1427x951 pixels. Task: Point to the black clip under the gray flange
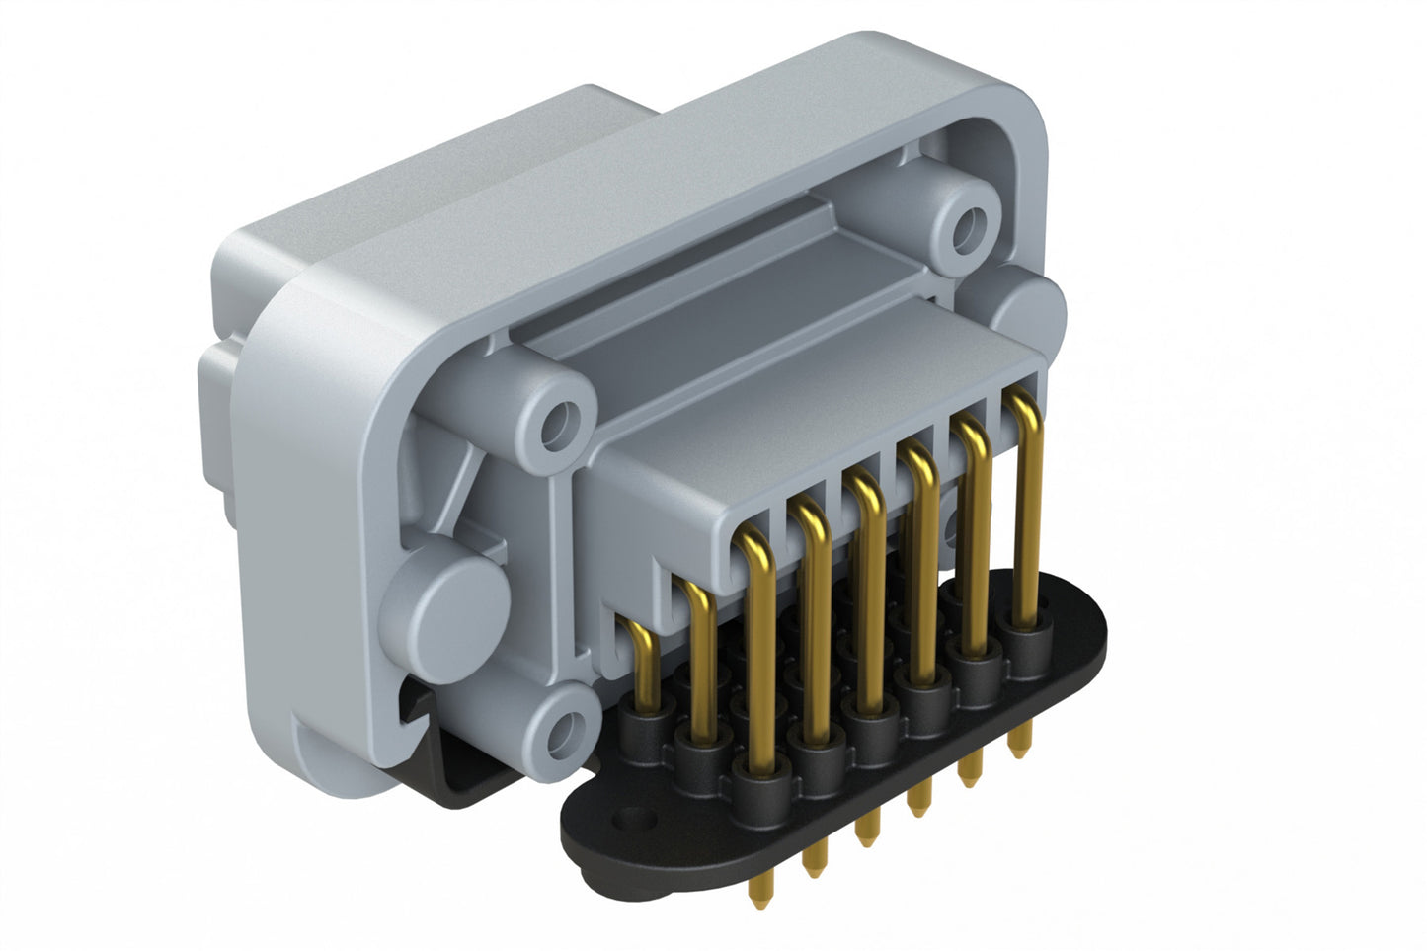coord(464,780)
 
